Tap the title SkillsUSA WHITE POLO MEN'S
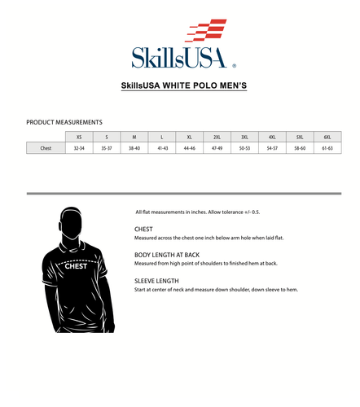tap(183, 85)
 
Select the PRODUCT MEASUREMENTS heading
tap(64, 122)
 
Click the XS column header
tap(79, 137)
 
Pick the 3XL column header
tap(244, 137)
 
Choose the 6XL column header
tap(327, 137)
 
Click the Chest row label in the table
tap(46, 149)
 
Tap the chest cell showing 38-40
tap(134, 149)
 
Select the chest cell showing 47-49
tap(217, 149)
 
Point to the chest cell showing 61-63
tap(327, 149)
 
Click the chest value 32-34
tap(79, 149)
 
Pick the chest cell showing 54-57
tap(272, 149)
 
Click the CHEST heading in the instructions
tap(143, 230)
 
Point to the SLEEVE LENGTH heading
tap(156, 281)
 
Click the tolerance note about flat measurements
tap(197, 212)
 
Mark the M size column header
tap(134, 137)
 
